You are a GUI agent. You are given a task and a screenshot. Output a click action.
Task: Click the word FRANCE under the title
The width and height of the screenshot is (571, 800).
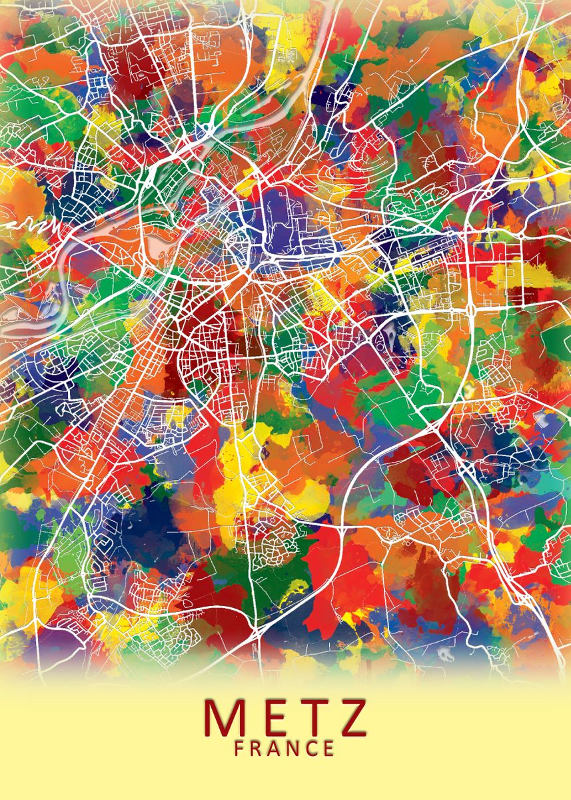coord(285,748)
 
